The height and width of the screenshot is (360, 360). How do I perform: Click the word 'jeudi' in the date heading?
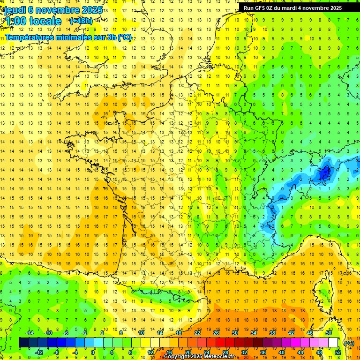coord(15,10)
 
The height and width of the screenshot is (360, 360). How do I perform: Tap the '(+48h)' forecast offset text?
coord(81,21)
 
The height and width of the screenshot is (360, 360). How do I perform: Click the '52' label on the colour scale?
coord(337,352)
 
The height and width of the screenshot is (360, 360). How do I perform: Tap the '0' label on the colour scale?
coord(93,352)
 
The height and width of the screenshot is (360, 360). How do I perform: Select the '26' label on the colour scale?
coord(216,333)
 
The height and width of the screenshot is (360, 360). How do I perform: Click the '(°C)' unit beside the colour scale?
coord(349,343)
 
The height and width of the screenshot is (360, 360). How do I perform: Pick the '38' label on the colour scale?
coord(272,333)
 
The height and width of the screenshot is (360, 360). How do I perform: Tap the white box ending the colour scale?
coord(333,343)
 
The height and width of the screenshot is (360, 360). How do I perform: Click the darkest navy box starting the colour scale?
coord(23,343)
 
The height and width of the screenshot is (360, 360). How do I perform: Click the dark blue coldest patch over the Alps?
coord(324,174)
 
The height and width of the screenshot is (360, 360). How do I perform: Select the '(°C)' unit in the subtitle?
coord(125,37)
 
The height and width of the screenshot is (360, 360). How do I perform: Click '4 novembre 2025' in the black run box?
coord(317,8)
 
